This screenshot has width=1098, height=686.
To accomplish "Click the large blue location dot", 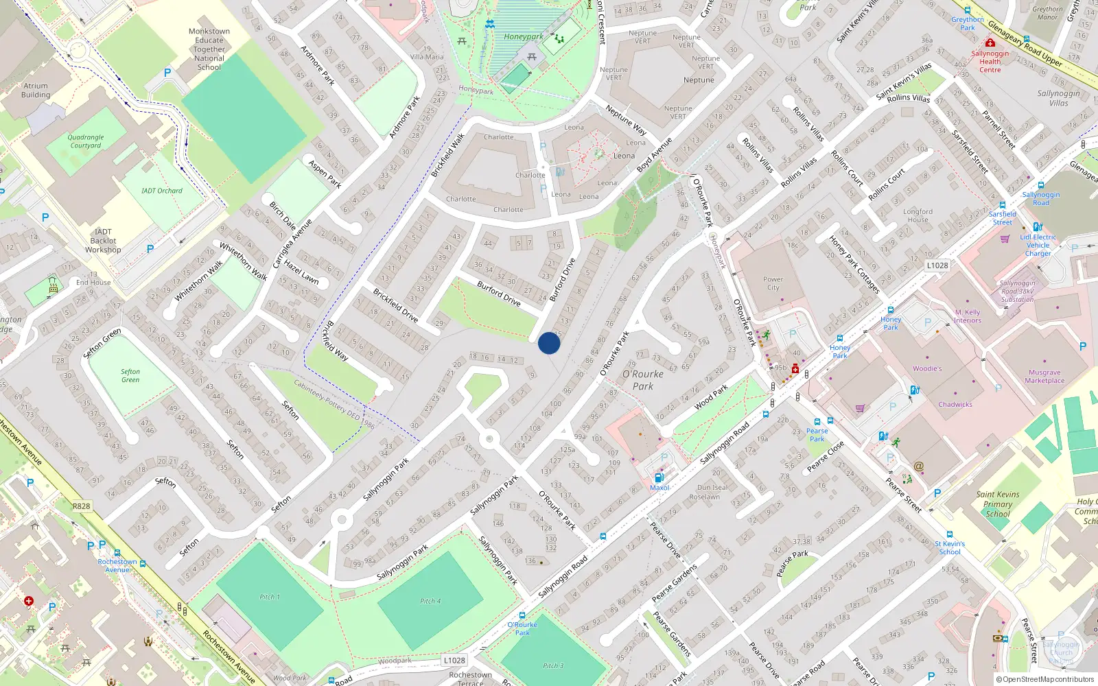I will tap(549, 343).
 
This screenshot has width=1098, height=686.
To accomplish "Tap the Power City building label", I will tap(773, 283).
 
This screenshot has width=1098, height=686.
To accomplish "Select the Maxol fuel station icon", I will tap(659, 477).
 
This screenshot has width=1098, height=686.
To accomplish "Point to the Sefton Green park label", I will tap(130, 375).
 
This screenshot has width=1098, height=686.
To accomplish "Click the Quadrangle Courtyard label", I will tap(86, 141).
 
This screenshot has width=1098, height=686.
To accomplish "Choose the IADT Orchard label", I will tap(162, 191).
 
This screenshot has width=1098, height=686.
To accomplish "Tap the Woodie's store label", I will tap(927, 368).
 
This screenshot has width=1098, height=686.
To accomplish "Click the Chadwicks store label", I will tap(955, 404).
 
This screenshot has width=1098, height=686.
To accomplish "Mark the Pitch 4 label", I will tap(430, 601).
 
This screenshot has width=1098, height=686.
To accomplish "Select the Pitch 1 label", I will tap(270, 597).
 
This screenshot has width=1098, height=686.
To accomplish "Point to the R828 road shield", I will tap(81, 506).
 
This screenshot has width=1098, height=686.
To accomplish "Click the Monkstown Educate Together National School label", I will tap(209, 49).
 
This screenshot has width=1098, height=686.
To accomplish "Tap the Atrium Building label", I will tap(36, 91).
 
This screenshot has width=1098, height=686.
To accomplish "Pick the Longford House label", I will tap(918, 215).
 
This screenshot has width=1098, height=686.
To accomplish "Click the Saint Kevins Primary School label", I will tap(998, 504).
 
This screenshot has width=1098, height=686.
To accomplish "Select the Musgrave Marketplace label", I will tap(1044, 377).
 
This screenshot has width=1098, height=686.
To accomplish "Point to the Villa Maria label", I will tap(427, 57).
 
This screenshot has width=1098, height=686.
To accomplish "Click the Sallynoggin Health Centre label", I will tap(990, 61).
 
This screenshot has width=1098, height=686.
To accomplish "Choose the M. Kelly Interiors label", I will tap(968, 316).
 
